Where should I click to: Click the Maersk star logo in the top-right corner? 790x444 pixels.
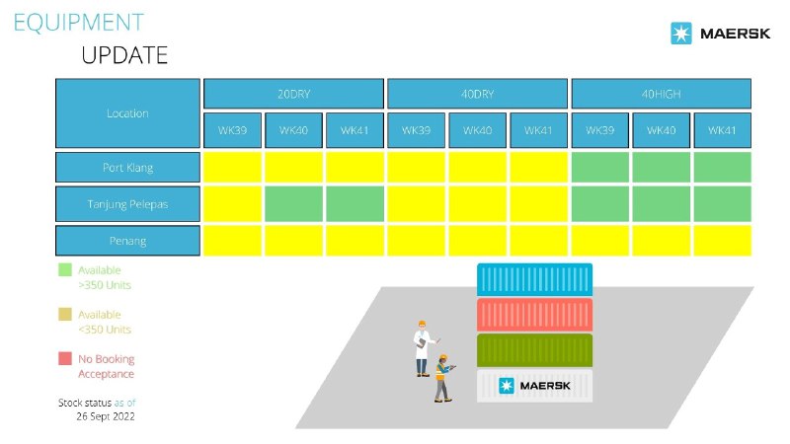(x=681, y=34)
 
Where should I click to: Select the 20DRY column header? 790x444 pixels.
(x=293, y=94)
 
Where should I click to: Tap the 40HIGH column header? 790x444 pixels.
(x=661, y=94)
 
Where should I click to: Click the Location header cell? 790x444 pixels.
(x=127, y=113)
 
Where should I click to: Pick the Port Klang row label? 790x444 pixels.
(x=127, y=167)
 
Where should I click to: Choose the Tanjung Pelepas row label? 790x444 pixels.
(x=127, y=204)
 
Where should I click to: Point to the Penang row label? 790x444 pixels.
(x=127, y=241)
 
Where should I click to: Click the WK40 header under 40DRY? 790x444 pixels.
(x=477, y=130)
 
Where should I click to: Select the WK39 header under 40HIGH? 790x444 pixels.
(x=599, y=130)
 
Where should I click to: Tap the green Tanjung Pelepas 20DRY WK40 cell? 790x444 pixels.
(x=293, y=204)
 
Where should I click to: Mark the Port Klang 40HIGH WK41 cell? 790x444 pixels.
(x=723, y=167)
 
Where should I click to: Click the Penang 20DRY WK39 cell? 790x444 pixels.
(x=232, y=241)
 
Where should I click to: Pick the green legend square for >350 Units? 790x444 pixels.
(x=65, y=269)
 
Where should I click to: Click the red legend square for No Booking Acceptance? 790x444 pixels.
(x=65, y=358)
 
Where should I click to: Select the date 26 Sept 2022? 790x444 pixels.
(x=106, y=416)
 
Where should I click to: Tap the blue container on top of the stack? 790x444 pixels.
(x=534, y=279)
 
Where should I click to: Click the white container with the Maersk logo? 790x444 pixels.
(x=534, y=386)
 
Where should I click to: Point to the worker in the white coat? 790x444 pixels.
(x=423, y=348)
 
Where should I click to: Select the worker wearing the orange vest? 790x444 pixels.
(x=442, y=378)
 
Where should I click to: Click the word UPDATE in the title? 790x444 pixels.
(x=124, y=55)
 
